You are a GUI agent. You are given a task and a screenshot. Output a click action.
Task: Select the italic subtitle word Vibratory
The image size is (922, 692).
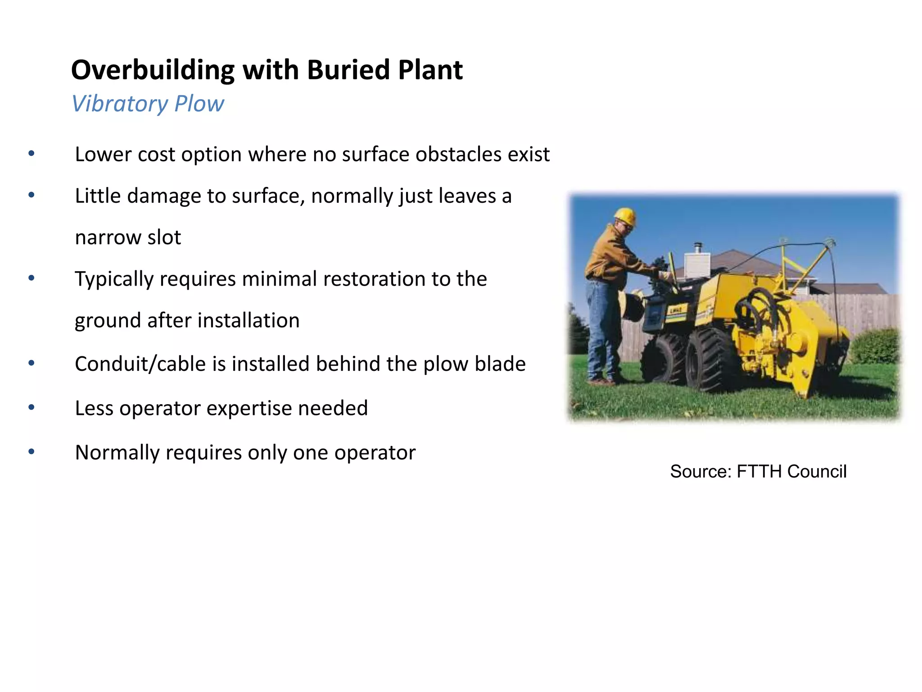119,104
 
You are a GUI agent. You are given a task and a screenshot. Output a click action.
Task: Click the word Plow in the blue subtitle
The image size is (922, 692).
199,104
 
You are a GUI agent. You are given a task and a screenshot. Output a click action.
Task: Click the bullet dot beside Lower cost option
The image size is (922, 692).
31,154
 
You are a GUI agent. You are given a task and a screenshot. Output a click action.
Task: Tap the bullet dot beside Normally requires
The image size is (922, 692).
31,451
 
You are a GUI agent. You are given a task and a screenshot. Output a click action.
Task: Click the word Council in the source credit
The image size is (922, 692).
817,472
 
